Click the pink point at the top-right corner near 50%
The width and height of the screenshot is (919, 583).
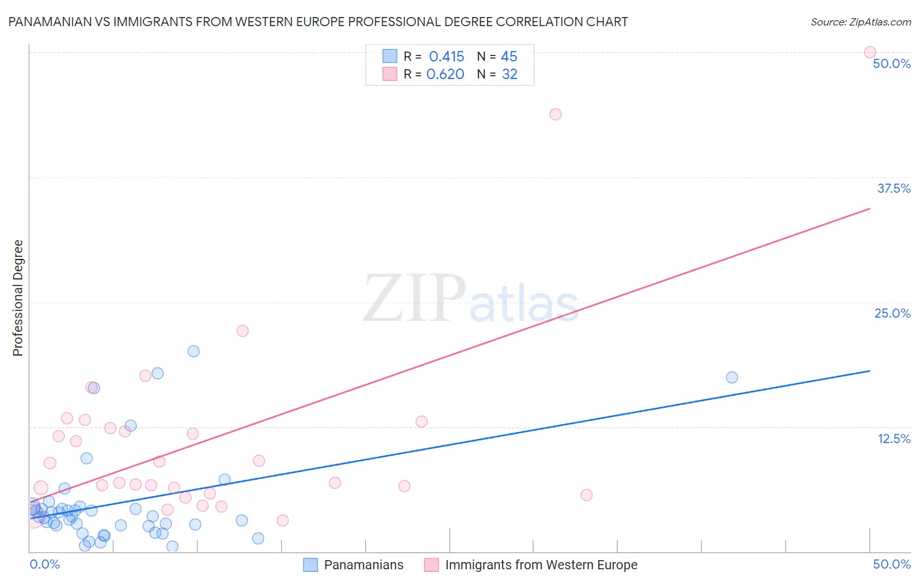click(x=870, y=52)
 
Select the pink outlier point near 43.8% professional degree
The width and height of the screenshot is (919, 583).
click(x=556, y=114)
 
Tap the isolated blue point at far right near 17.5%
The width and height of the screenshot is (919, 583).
click(x=732, y=377)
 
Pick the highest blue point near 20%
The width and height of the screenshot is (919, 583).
click(x=193, y=351)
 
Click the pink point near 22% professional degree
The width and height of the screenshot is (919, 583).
click(x=242, y=331)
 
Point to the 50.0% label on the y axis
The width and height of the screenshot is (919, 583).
click(x=892, y=63)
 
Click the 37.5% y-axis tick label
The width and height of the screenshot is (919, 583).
click(x=894, y=188)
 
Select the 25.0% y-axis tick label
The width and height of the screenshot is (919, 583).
click(x=892, y=313)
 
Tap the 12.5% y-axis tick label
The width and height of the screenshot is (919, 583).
click(x=894, y=439)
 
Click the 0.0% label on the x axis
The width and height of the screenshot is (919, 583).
click(x=44, y=564)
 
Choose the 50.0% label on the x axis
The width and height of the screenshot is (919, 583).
click(x=892, y=564)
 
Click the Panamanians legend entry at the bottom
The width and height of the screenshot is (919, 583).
click(x=363, y=565)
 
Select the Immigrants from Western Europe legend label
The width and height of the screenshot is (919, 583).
click(x=541, y=565)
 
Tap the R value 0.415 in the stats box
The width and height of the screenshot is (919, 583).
click(x=446, y=56)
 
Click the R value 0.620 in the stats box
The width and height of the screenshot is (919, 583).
click(x=445, y=74)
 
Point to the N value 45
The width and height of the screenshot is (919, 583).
click(x=509, y=56)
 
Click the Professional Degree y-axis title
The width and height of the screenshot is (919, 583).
click(x=18, y=298)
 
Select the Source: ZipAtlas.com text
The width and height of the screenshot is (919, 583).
click(x=861, y=22)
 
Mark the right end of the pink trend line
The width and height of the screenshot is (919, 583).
click(x=870, y=208)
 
